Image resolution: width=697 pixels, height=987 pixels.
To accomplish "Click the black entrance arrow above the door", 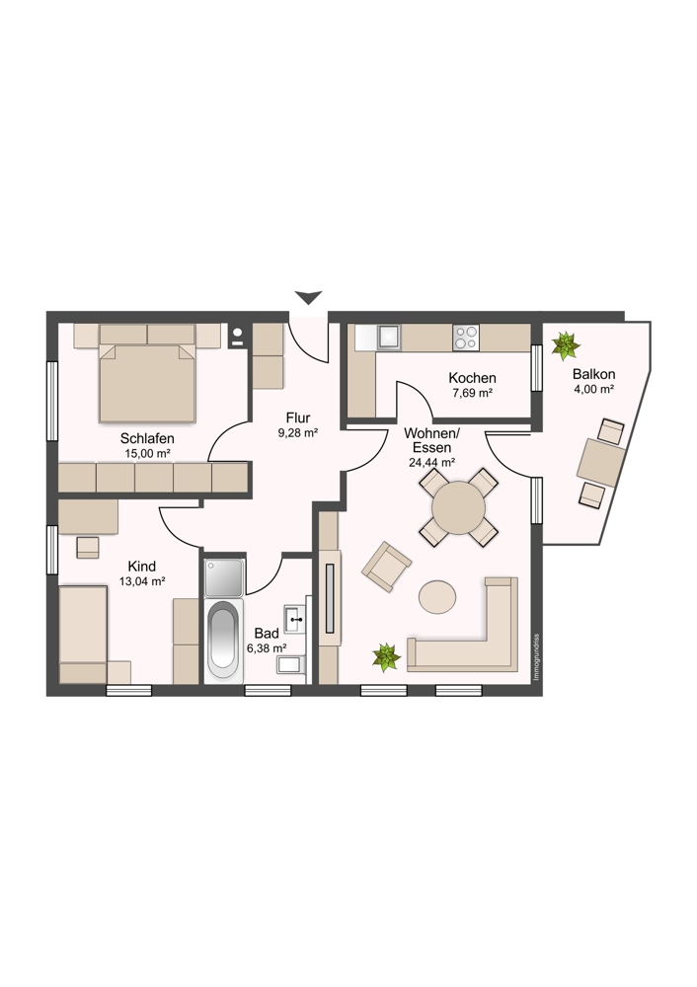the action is tap(309, 297).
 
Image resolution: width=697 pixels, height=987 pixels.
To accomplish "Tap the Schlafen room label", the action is tap(147, 438).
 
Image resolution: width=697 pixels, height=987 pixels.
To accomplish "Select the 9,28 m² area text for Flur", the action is tap(298, 433).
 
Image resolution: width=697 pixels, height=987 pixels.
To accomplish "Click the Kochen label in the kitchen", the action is tap(472, 378).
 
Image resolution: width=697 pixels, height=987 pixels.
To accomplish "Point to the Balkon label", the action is tap(593, 374).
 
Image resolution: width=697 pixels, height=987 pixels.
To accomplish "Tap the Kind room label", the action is tap(141, 566).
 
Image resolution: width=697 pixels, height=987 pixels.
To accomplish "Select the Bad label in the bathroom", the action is tap(267, 634).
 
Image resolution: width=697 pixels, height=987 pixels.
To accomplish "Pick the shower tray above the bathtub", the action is tap(223, 576).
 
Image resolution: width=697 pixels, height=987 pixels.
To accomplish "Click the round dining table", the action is tap(458, 507).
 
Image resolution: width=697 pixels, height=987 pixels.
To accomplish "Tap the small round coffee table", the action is tap(437, 596).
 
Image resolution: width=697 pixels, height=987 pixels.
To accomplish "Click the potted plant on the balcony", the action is tap(566, 344).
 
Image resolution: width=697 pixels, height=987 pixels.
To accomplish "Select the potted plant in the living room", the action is tap(386, 657).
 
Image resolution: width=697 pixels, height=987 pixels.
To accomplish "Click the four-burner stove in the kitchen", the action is tap(465, 338).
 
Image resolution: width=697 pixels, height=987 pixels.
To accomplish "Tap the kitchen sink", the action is tap(388, 338).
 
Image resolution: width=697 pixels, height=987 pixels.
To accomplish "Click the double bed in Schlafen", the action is tap(147, 381).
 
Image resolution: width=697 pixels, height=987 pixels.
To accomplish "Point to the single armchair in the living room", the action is tap(387, 567).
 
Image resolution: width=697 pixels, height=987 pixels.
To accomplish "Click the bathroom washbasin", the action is tap(294, 619).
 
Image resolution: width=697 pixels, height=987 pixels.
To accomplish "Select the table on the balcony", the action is tap(601, 462).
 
